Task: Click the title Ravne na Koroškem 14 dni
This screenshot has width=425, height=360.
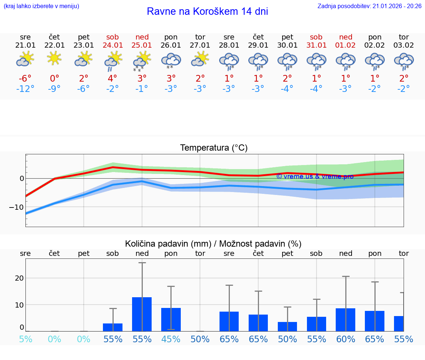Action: point(207,11)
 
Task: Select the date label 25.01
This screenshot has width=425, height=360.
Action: point(142,45)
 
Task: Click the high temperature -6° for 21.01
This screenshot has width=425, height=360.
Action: point(25,79)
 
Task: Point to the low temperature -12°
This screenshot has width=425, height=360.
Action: point(25,89)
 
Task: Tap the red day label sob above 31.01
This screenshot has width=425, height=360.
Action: point(316,37)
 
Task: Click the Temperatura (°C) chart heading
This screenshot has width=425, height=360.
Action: point(214,148)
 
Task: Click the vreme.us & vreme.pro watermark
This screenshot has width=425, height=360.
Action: point(315,176)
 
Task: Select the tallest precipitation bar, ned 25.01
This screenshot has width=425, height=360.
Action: point(142,314)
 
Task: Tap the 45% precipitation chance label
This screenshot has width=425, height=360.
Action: point(171,339)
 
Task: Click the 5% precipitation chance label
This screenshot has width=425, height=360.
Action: point(25,339)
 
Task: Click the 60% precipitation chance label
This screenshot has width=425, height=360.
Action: point(346,339)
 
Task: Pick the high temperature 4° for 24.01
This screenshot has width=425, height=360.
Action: point(113,79)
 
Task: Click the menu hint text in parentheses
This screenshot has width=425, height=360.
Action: point(41,6)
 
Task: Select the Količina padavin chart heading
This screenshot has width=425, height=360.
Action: point(213,244)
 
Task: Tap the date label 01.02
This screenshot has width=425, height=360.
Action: point(346,45)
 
